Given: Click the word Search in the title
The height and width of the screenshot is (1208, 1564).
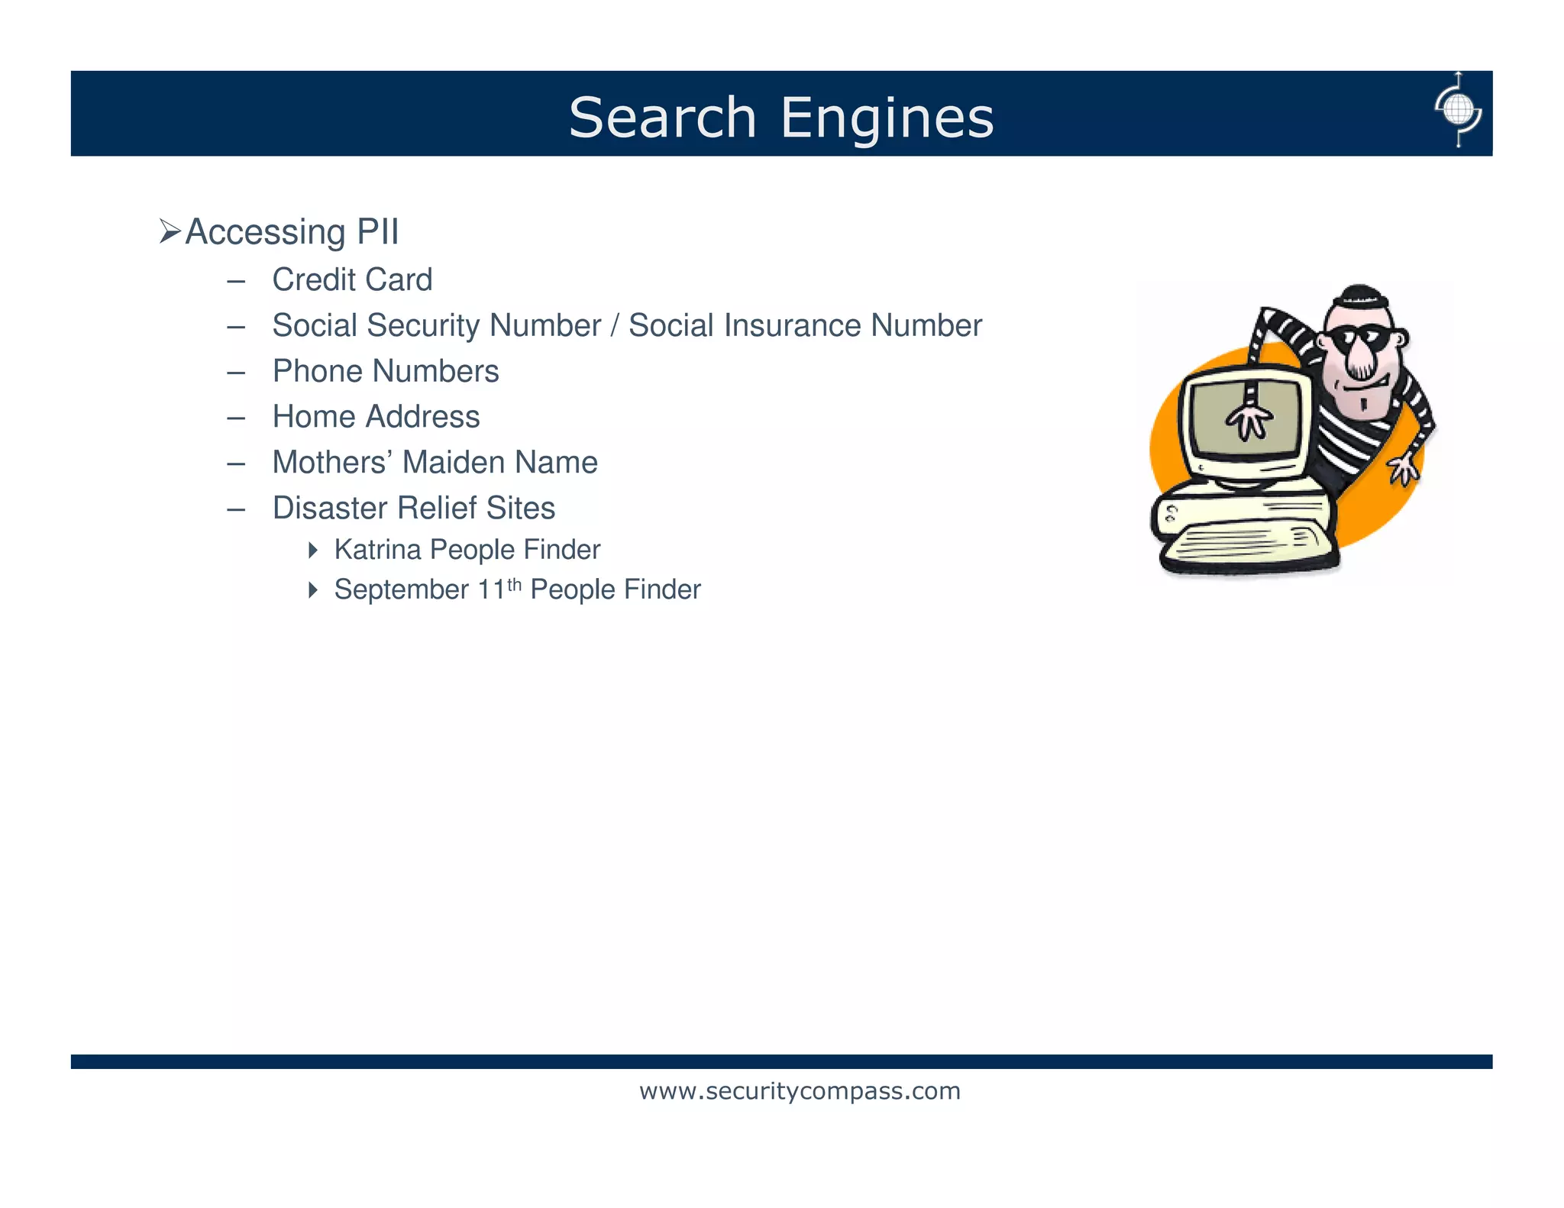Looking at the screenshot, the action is point(661,118).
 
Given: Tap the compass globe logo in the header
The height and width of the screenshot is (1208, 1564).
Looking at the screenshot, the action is point(1458,111).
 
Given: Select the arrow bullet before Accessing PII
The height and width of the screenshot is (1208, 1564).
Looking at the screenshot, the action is point(170,231).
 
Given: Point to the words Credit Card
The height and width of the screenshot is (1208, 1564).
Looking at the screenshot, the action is point(352,279).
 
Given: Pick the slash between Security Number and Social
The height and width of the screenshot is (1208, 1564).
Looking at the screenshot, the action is point(615,325).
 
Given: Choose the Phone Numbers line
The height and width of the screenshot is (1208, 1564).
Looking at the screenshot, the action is point(386,371).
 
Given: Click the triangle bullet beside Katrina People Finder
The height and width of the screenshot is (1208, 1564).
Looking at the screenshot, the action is point(312,550).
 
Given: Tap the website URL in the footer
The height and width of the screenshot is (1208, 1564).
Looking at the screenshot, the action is point(800,1091).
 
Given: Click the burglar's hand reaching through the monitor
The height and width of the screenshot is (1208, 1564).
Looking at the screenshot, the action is point(1249,420).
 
